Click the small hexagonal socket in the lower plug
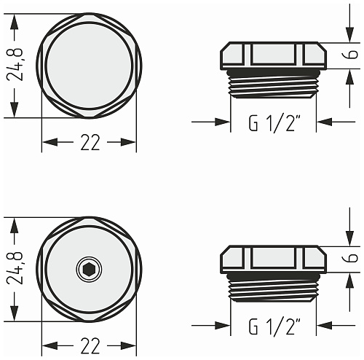89,269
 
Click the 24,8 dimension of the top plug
15,64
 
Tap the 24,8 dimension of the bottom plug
15,268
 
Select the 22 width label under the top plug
90,142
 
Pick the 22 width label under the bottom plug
90,345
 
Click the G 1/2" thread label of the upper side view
274,123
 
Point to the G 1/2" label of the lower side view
274,326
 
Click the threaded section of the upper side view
273,83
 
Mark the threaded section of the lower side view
273,287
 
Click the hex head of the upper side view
273,55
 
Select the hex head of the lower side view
273,259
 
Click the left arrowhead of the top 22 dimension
50,142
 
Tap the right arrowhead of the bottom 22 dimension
128,345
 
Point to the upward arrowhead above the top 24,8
15,22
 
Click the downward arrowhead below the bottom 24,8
15,313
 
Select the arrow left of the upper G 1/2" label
210,122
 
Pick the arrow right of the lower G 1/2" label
336,325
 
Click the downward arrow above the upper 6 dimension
349,23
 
